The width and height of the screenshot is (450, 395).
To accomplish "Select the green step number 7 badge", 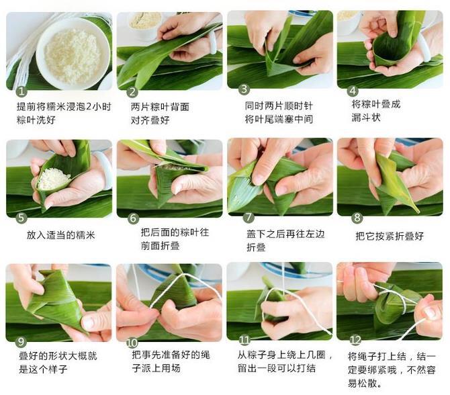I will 249,217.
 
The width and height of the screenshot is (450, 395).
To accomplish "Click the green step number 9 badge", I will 21,341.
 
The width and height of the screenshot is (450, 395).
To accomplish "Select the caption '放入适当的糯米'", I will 61,236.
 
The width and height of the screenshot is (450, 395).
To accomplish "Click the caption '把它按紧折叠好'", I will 390,236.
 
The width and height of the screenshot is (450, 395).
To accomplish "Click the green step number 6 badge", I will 133,218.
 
